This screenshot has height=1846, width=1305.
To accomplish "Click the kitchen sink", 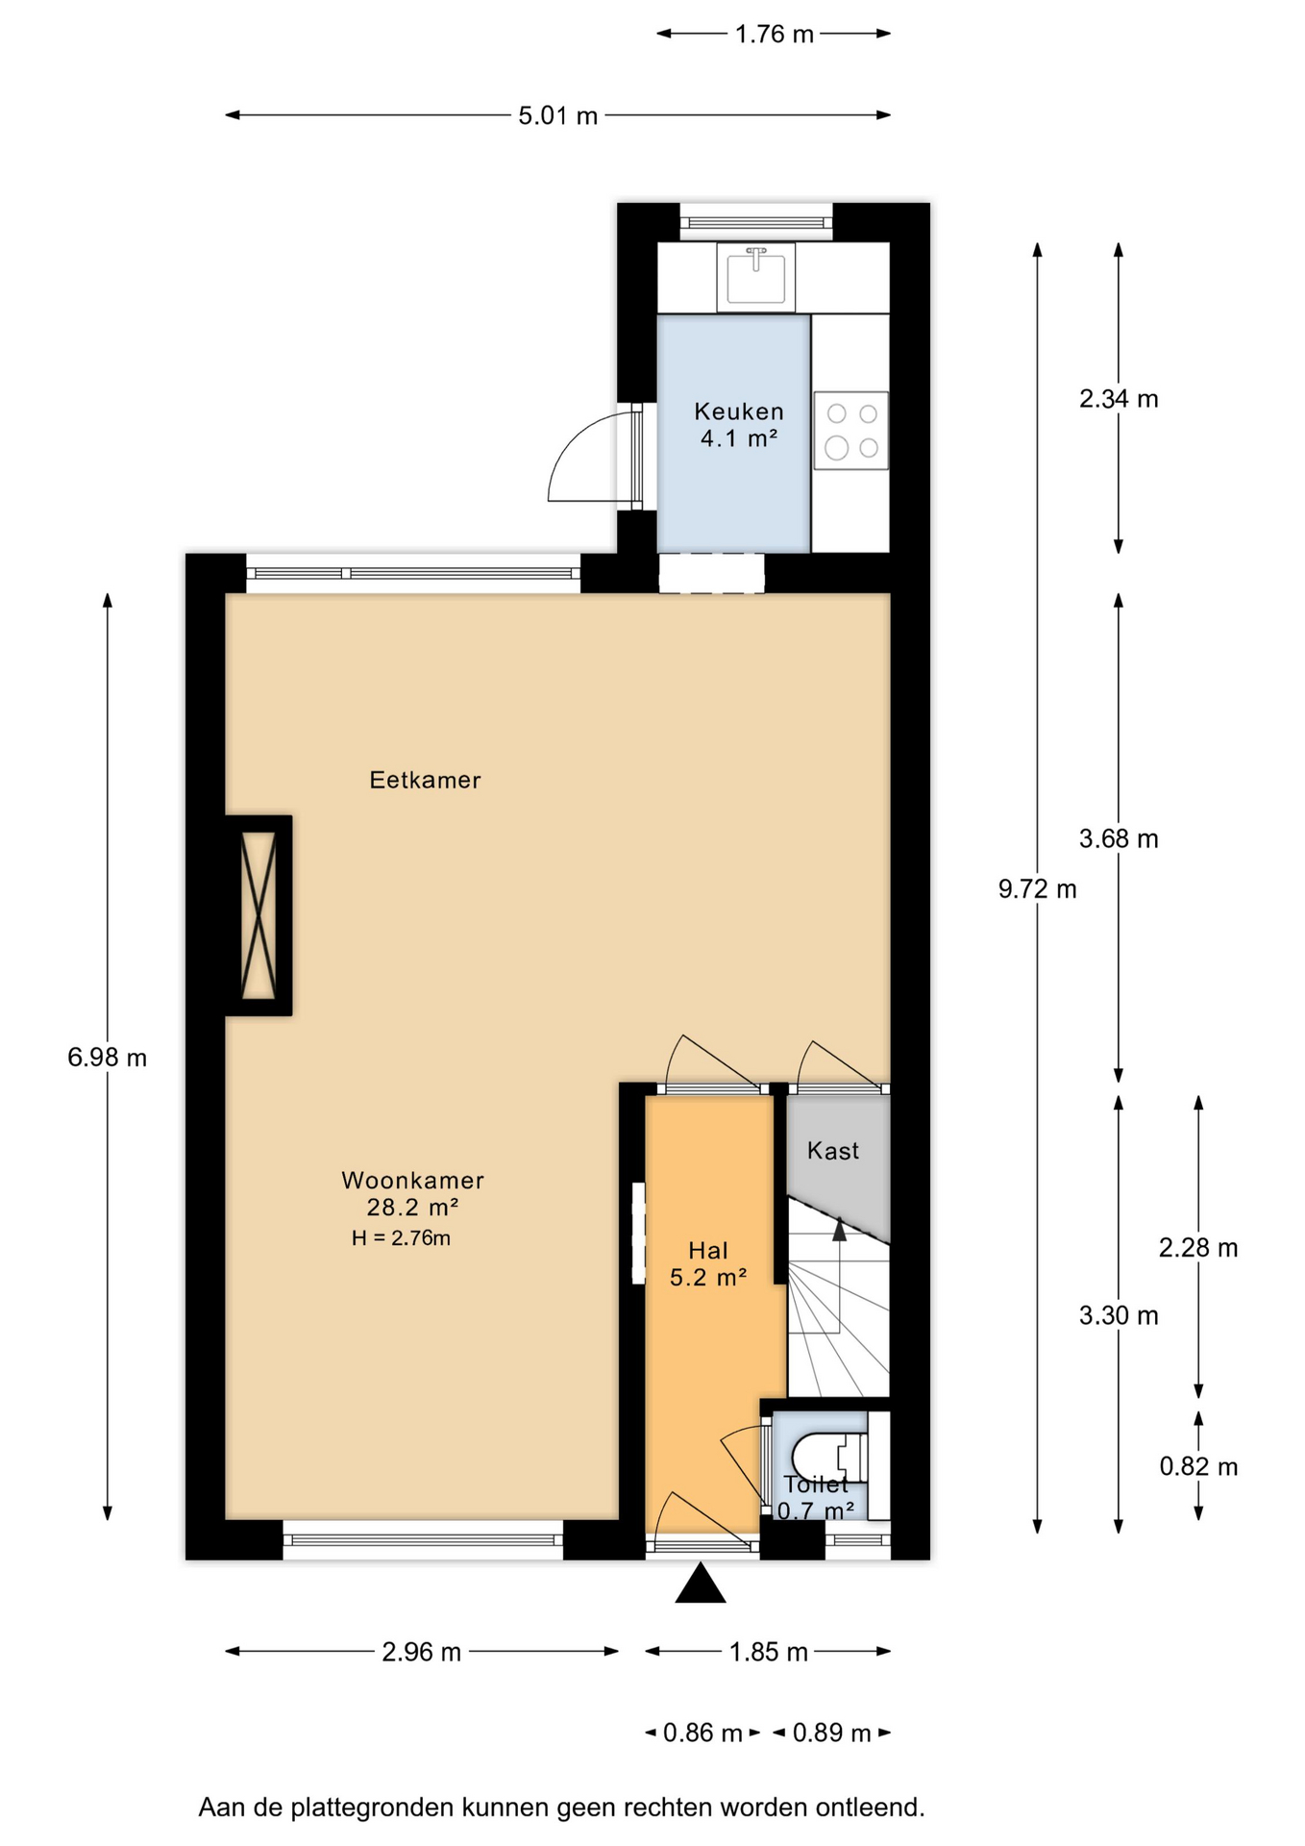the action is (x=756, y=277).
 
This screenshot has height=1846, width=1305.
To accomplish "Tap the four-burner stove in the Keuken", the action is (x=851, y=431).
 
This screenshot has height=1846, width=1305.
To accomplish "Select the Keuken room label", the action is (x=739, y=425).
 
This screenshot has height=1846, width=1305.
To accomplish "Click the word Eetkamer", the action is (x=425, y=780).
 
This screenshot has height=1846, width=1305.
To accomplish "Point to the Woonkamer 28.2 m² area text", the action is (x=412, y=1193).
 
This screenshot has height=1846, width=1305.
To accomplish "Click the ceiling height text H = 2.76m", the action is (x=401, y=1238).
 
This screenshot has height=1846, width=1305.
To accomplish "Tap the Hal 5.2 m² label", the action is (x=708, y=1263).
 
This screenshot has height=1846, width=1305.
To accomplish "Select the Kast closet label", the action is (x=833, y=1151).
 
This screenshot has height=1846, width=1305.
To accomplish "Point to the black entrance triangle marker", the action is (x=701, y=1584).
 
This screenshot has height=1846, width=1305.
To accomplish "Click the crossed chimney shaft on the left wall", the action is (x=259, y=915).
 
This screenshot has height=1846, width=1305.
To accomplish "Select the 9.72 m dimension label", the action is (x=1037, y=889).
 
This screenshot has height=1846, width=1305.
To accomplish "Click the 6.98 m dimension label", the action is (x=107, y=1058).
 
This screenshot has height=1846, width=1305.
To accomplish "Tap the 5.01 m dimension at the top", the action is (x=558, y=116).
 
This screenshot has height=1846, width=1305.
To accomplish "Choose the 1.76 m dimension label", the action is (x=775, y=35).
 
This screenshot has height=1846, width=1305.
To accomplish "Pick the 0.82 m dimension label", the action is (x=1198, y=1466).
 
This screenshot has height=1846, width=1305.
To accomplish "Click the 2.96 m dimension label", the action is (x=422, y=1652).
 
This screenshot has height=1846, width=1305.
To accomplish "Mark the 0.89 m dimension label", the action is (x=831, y=1733).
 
